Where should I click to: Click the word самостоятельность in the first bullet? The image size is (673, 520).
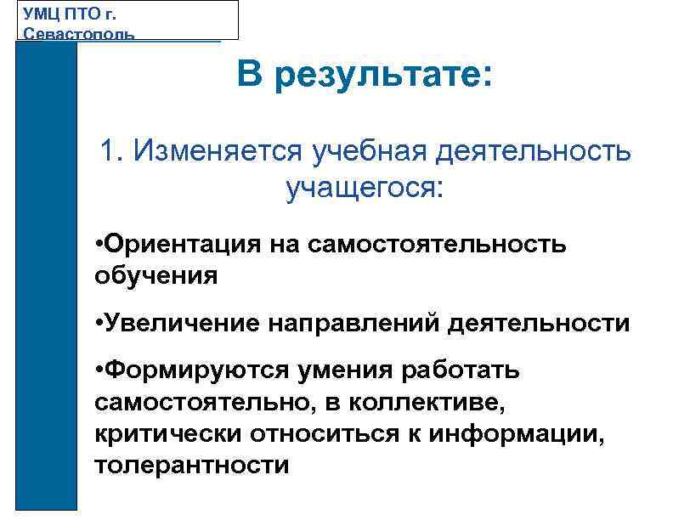pyautogui.click(x=438, y=245)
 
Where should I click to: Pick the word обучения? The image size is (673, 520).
pyautogui.click(x=156, y=276)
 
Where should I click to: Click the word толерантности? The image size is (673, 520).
pyautogui.click(x=192, y=466)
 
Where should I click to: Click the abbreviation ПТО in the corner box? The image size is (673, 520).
pyautogui.click(x=88, y=14)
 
